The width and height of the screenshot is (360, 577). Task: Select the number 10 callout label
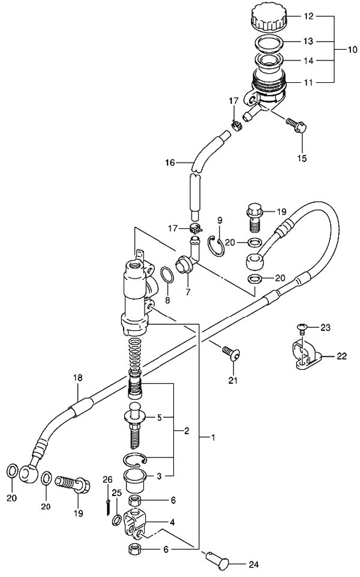click(x=352, y=49)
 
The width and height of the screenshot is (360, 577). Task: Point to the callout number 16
click(x=170, y=162)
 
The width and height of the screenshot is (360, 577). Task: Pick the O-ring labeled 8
click(x=167, y=274)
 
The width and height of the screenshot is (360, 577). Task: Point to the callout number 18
click(x=77, y=378)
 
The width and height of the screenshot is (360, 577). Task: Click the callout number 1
click(x=212, y=438)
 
